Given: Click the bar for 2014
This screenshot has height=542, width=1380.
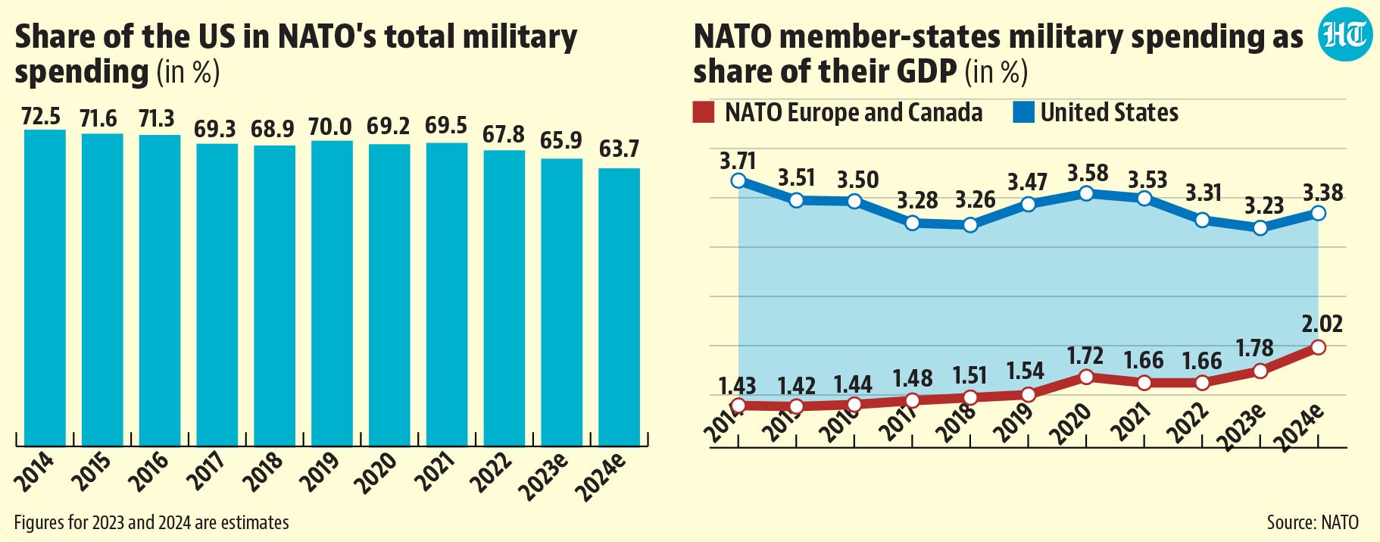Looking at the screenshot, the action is tap(45, 288).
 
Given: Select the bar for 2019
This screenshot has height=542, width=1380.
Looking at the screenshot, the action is tap(332, 293).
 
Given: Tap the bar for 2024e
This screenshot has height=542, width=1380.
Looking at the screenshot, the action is tap(619, 307).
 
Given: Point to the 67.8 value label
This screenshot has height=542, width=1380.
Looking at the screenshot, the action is tap(504, 134).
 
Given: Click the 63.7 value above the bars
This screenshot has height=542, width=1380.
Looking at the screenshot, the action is tap(619, 149).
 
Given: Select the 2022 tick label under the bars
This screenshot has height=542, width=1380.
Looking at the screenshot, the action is tap(492, 472).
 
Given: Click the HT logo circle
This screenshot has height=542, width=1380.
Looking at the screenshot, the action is tap(1345, 35).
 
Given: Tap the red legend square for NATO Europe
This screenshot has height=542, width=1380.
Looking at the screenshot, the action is tap(704, 113).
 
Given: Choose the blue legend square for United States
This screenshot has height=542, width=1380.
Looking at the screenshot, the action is tap(1023, 113).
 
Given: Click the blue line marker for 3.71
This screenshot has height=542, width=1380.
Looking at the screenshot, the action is tap(738, 180).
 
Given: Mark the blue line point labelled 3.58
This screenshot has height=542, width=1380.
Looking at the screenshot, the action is tap(1086, 193).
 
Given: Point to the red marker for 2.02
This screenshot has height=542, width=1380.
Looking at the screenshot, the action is tap(1318, 347).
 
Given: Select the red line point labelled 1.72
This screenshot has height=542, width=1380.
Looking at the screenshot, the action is tap(1086, 377).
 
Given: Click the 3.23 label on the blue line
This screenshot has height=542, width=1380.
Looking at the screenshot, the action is tap(1264, 205).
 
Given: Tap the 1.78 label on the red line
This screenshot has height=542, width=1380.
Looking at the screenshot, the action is tap(1254, 348).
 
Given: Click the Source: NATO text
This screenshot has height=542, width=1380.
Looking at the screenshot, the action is tap(1313, 522).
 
